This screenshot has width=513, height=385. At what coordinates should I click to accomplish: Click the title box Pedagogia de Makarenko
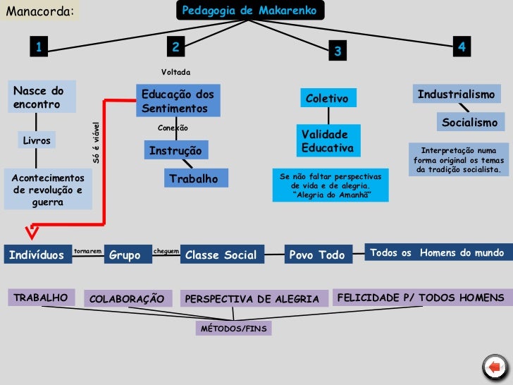click(249, 11)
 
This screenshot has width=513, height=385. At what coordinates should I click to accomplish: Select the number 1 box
click(40, 47)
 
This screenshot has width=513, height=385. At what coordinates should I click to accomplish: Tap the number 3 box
click(338, 51)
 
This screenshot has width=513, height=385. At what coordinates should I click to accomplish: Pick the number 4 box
click(462, 47)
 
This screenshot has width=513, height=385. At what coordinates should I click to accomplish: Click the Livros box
click(37, 140)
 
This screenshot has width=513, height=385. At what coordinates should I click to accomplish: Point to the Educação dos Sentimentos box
click(178, 102)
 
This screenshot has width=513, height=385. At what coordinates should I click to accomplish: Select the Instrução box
click(175, 151)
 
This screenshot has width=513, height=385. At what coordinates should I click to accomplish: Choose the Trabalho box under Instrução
click(194, 179)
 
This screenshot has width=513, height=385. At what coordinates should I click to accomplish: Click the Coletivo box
click(327, 99)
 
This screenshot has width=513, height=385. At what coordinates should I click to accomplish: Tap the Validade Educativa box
click(326, 141)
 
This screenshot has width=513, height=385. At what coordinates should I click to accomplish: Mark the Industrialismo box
click(457, 94)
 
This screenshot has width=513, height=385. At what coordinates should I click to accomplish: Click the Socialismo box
click(469, 122)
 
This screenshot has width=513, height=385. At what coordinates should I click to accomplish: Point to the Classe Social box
click(221, 255)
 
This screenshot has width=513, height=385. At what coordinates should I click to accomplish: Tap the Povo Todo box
click(317, 255)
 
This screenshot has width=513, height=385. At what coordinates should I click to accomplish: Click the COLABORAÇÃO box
click(127, 299)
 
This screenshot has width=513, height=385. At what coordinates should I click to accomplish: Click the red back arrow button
click(494, 367)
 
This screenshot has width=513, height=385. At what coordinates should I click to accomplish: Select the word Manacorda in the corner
click(39, 11)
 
